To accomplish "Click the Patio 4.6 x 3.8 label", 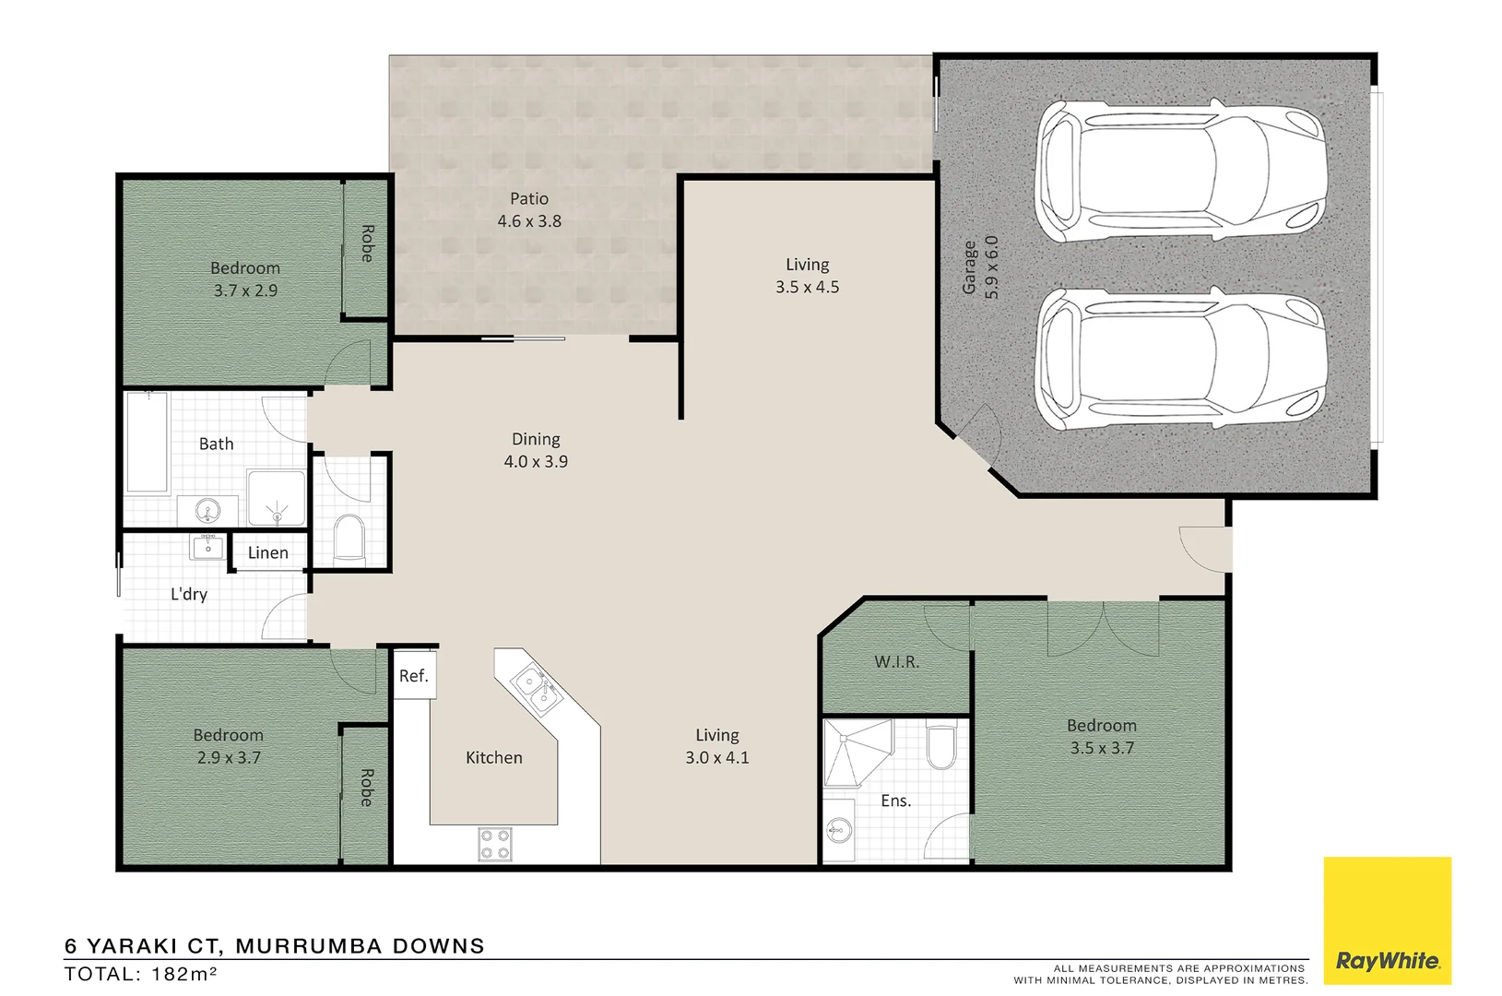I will tap(529, 209).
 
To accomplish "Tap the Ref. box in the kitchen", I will tap(414, 676).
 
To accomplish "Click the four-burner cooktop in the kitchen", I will tap(495, 845).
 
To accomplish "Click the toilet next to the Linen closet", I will tap(349, 538).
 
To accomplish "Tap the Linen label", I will tap(268, 552).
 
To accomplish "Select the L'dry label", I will tap(189, 594).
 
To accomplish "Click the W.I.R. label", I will tap(896, 661).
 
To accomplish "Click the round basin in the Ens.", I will tap(838, 831).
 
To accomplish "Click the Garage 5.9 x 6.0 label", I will tap(980, 267).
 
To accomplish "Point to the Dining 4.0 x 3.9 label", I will tap(536, 450).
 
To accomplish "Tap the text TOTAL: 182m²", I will tap(140, 975).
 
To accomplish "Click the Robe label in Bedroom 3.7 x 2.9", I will tap(367, 243).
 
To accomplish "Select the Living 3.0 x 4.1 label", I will tap(716, 746).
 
